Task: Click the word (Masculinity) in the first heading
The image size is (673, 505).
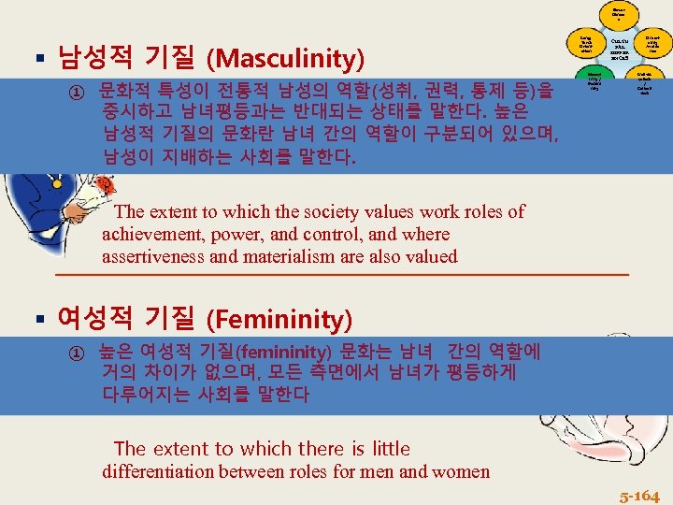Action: (287, 60)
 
